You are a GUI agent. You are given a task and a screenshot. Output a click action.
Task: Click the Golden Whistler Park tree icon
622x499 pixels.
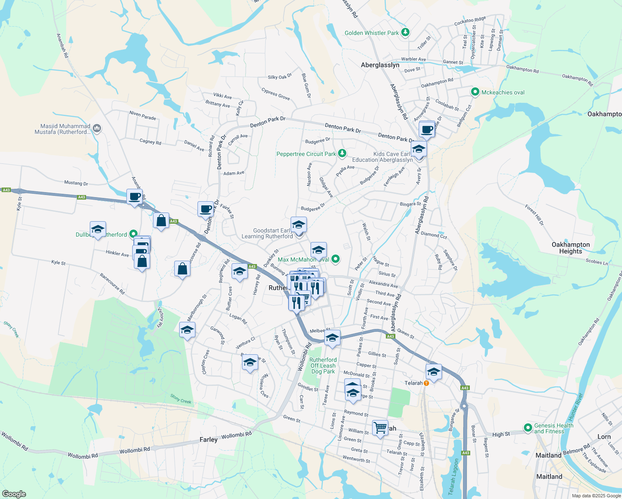click(405, 32)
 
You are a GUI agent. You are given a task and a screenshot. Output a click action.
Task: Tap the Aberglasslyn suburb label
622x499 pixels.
click(380, 65)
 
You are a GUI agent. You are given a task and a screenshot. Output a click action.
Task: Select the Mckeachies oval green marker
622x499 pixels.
click(475, 92)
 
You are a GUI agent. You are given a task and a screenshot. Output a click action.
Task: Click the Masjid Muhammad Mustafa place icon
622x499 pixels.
click(97, 128)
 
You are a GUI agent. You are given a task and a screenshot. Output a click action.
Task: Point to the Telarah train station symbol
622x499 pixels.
click(426, 383)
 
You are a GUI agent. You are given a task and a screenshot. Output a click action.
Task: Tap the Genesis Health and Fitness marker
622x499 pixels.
click(528, 427)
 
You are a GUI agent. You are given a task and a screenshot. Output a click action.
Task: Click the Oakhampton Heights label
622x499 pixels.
click(570, 248)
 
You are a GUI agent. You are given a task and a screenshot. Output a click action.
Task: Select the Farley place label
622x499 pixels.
click(208, 440)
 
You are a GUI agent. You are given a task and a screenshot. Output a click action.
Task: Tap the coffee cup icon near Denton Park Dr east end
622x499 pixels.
click(427, 130)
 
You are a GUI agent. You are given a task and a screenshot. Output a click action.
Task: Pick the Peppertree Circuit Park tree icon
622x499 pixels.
click(342, 153)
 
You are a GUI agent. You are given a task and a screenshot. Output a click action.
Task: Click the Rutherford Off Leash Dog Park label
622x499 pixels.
click(323, 366)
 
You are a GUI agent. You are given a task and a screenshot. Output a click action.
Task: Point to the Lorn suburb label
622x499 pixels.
click(604, 437)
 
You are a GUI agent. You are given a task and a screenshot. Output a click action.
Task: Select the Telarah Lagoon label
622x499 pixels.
click(454, 477)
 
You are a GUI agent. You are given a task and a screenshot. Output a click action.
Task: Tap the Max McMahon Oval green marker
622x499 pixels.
click(336, 259)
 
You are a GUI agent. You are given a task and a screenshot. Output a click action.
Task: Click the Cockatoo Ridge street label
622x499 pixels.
click(470, 21)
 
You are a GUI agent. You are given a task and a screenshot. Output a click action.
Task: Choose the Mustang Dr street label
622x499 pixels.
click(76, 183)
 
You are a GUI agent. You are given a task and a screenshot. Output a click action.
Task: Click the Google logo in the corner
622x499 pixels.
click(14, 494)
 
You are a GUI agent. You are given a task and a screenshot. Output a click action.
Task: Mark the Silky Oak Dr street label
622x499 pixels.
click(280, 77)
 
